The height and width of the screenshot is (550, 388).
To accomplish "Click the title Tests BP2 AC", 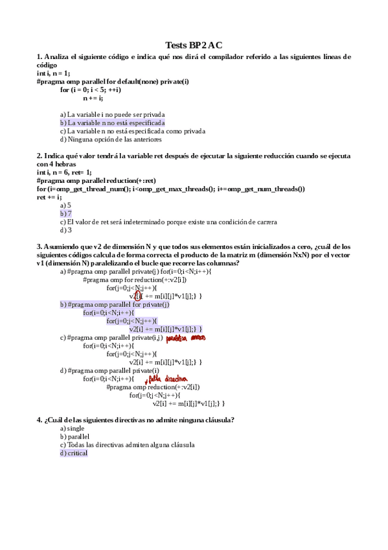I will (194, 45).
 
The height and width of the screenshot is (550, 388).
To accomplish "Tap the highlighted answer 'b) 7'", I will (66, 213).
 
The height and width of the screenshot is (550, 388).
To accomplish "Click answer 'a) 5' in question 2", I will (65, 205).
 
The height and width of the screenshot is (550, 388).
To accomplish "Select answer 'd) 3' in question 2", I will (65, 230).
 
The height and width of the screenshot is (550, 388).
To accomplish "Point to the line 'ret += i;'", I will (50, 197).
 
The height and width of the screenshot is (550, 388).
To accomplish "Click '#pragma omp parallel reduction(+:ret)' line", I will (97, 180).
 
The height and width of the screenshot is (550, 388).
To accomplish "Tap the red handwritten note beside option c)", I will (185, 338).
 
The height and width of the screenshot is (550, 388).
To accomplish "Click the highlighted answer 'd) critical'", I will (73, 453).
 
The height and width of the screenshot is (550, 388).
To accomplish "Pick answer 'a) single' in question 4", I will (73, 429).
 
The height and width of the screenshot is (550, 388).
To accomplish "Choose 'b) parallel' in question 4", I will (74, 437).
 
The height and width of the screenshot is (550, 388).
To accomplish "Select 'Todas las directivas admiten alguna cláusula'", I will (127, 445).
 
